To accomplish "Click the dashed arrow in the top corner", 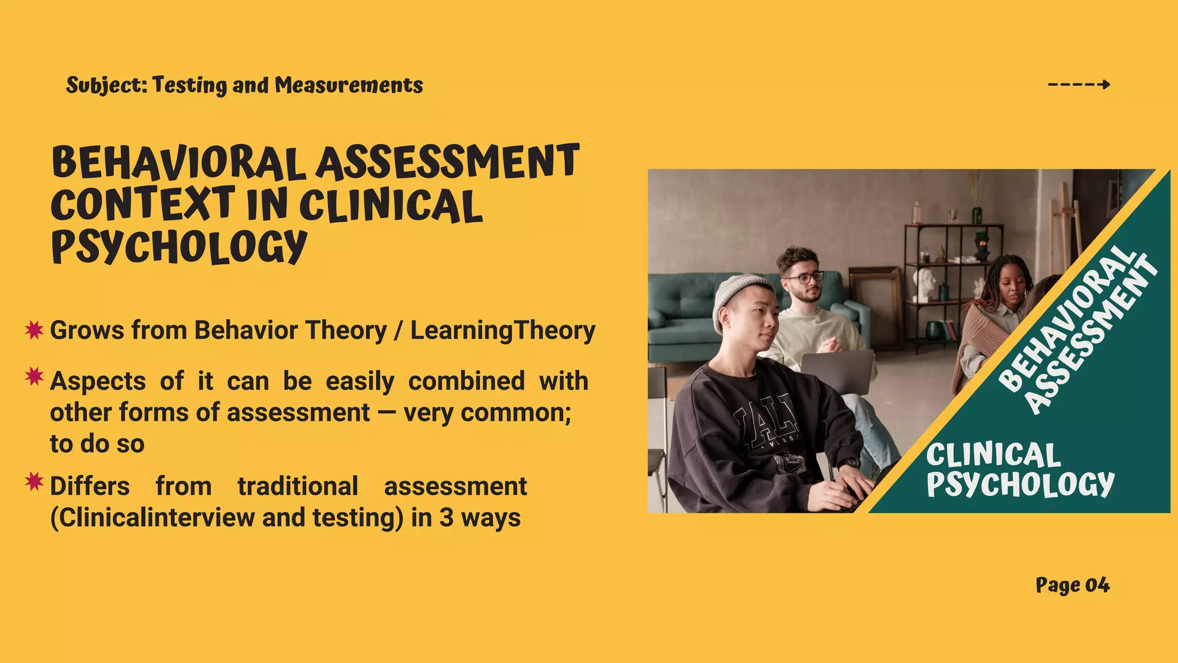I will tap(1078, 85).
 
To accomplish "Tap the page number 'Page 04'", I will tap(1072, 585).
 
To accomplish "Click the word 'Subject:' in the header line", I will tap(107, 85).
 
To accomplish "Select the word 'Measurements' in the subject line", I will tap(349, 85).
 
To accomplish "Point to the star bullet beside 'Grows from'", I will tap(34, 330).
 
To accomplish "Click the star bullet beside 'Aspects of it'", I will tap(34, 377).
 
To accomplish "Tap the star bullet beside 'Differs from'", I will tap(34, 482).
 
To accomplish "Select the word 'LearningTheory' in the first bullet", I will tap(503, 331).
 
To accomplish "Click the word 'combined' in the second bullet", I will tap(466, 381).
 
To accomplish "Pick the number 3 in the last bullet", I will tap(446, 517).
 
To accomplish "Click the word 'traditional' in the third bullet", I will tap(298, 486).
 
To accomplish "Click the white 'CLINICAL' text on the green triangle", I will tap(993, 455).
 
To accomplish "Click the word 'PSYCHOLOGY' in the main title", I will tap(179, 246).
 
